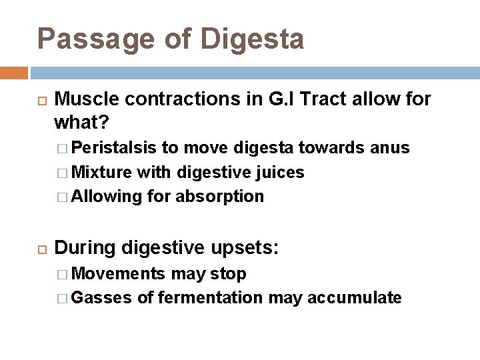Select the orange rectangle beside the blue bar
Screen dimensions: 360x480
click(x=14, y=73)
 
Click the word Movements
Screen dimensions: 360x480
click(x=119, y=274)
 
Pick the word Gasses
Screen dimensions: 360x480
click(x=101, y=298)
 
